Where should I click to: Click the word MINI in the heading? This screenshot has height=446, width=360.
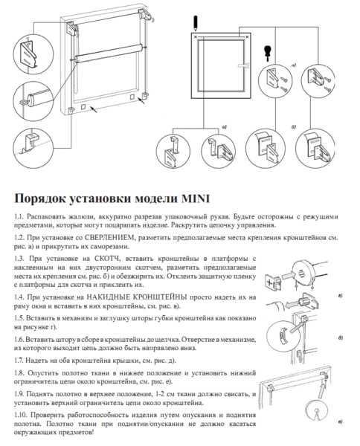pos(196,198)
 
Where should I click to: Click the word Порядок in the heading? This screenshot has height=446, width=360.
pos(39,198)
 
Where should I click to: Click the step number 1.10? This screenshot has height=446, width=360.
pos(20,415)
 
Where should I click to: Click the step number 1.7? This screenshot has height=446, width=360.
pos(19,361)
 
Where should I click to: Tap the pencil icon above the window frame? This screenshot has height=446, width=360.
pos(195,24)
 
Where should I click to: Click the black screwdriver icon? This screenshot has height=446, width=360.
pos(267,54)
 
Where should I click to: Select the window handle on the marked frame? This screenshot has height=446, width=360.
pos(242,65)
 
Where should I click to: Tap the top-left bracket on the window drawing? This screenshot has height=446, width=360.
pos(71,28)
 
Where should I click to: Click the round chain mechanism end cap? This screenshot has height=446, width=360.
pos(301,272)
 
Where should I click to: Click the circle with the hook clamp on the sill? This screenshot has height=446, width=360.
pos(33,148)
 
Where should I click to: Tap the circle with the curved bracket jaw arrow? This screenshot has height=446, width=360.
pos(283,337)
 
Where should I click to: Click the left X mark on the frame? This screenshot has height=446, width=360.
pos(195,36)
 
